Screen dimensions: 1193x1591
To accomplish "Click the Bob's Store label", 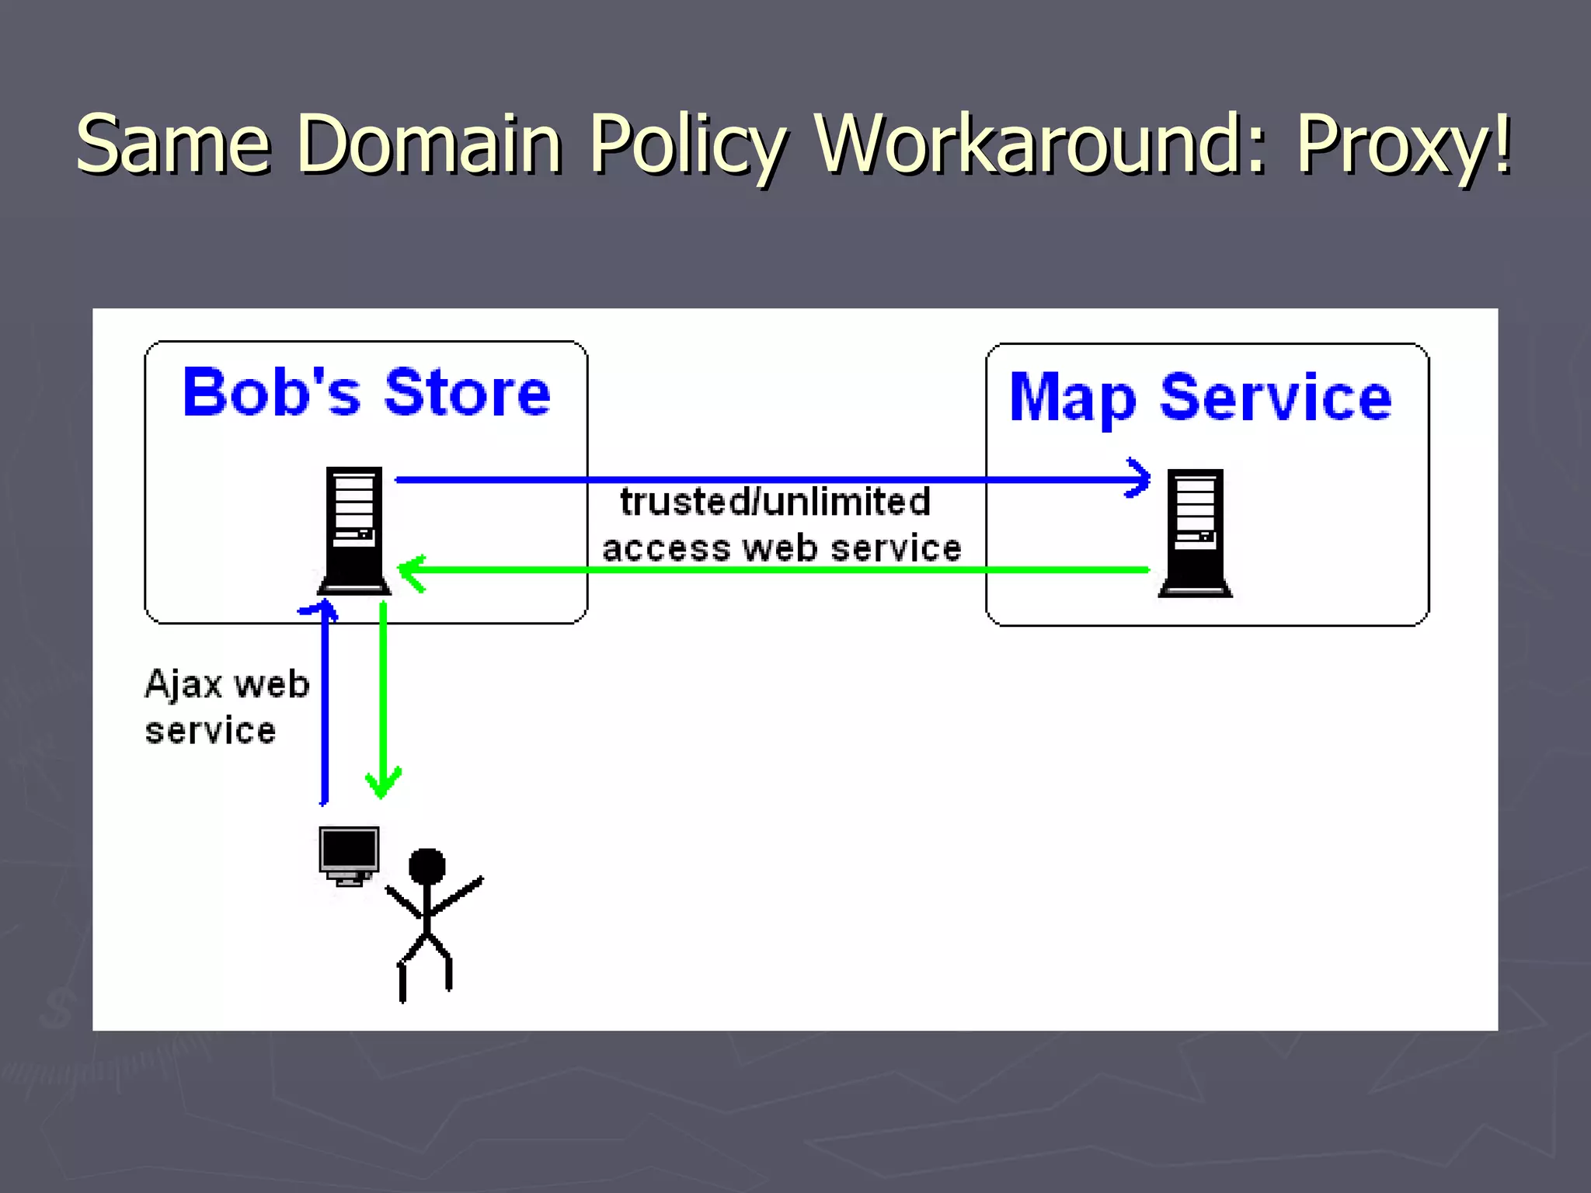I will click(x=366, y=392).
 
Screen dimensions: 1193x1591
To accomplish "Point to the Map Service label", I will click(x=1200, y=398).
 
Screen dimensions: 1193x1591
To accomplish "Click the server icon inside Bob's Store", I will click(x=354, y=530).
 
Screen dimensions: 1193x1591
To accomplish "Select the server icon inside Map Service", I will click(x=1195, y=533).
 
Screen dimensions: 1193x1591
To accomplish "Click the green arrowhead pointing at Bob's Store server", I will click(x=411, y=572).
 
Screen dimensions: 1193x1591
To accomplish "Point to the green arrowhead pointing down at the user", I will click(x=383, y=783).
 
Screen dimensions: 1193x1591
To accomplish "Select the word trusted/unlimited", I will click(x=775, y=502).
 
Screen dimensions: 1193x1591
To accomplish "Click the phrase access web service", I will click(x=782, y=548).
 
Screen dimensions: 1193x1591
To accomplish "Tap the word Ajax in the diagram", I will click(x=183, y=684).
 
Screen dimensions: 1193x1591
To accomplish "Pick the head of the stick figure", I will click(x=426, y=866).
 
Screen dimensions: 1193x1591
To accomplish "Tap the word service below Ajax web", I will click(x=210, y=731).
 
